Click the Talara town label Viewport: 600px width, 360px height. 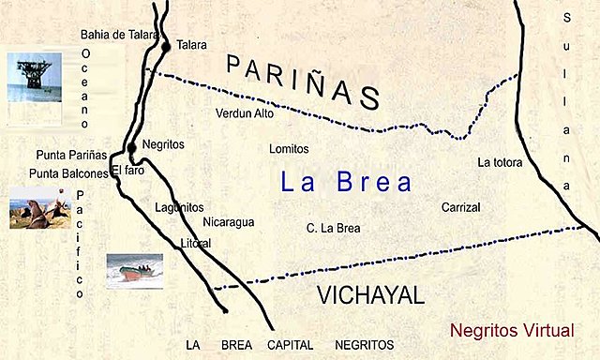click(x=191, y=44)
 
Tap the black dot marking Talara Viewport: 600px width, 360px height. click(x=165, y=45)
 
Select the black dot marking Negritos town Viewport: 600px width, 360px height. click(x=132, y=146)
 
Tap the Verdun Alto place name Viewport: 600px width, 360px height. click(x=245, y=113)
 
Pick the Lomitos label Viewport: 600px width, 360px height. click(x=289, y=149)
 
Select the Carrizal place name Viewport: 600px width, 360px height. click(x=461, y=206)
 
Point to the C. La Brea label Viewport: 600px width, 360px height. click(x=334, y=228)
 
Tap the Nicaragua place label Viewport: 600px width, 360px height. click(x=229, y=222)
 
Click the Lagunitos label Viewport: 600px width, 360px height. click(x=181, y=207)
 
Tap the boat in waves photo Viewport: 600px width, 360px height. click(x=134, y=270)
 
